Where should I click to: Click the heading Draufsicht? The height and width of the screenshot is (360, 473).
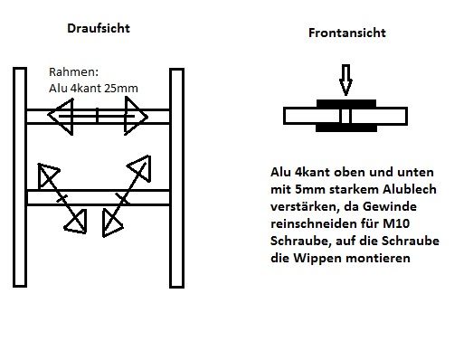(x=99, y=28)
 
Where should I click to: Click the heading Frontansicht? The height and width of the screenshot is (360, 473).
(x=347, y=33)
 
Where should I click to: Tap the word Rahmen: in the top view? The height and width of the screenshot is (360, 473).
(x=73, y=72)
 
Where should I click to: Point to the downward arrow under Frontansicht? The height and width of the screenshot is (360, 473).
(x=345, y=80)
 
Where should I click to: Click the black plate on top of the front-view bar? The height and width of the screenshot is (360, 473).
(x=346, y=103)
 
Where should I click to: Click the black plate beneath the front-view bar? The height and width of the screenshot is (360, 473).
(x=346, y=128)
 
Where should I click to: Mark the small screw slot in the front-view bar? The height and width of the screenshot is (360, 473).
(x=345, y=116)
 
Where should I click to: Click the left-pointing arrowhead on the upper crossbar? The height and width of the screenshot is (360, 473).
(x=61, y=116)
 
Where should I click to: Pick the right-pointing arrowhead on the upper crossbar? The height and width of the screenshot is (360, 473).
(x=136, y=116)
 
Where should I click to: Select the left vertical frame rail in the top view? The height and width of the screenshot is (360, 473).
(x=20, y=177)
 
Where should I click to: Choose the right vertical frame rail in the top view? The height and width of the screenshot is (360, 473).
(x=176, y=178)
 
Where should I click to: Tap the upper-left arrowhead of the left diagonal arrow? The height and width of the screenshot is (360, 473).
(x=48, y=175)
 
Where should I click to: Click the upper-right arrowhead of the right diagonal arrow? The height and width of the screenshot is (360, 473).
(x=140, y=168)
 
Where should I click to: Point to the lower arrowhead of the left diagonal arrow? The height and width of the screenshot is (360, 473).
(x=76, y=223)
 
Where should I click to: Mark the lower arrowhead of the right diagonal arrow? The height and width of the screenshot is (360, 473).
(x=111, y=223)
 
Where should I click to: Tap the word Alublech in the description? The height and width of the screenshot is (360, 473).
(x=410, y=189)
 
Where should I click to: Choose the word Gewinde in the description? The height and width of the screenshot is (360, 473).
(x=390, y=206)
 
